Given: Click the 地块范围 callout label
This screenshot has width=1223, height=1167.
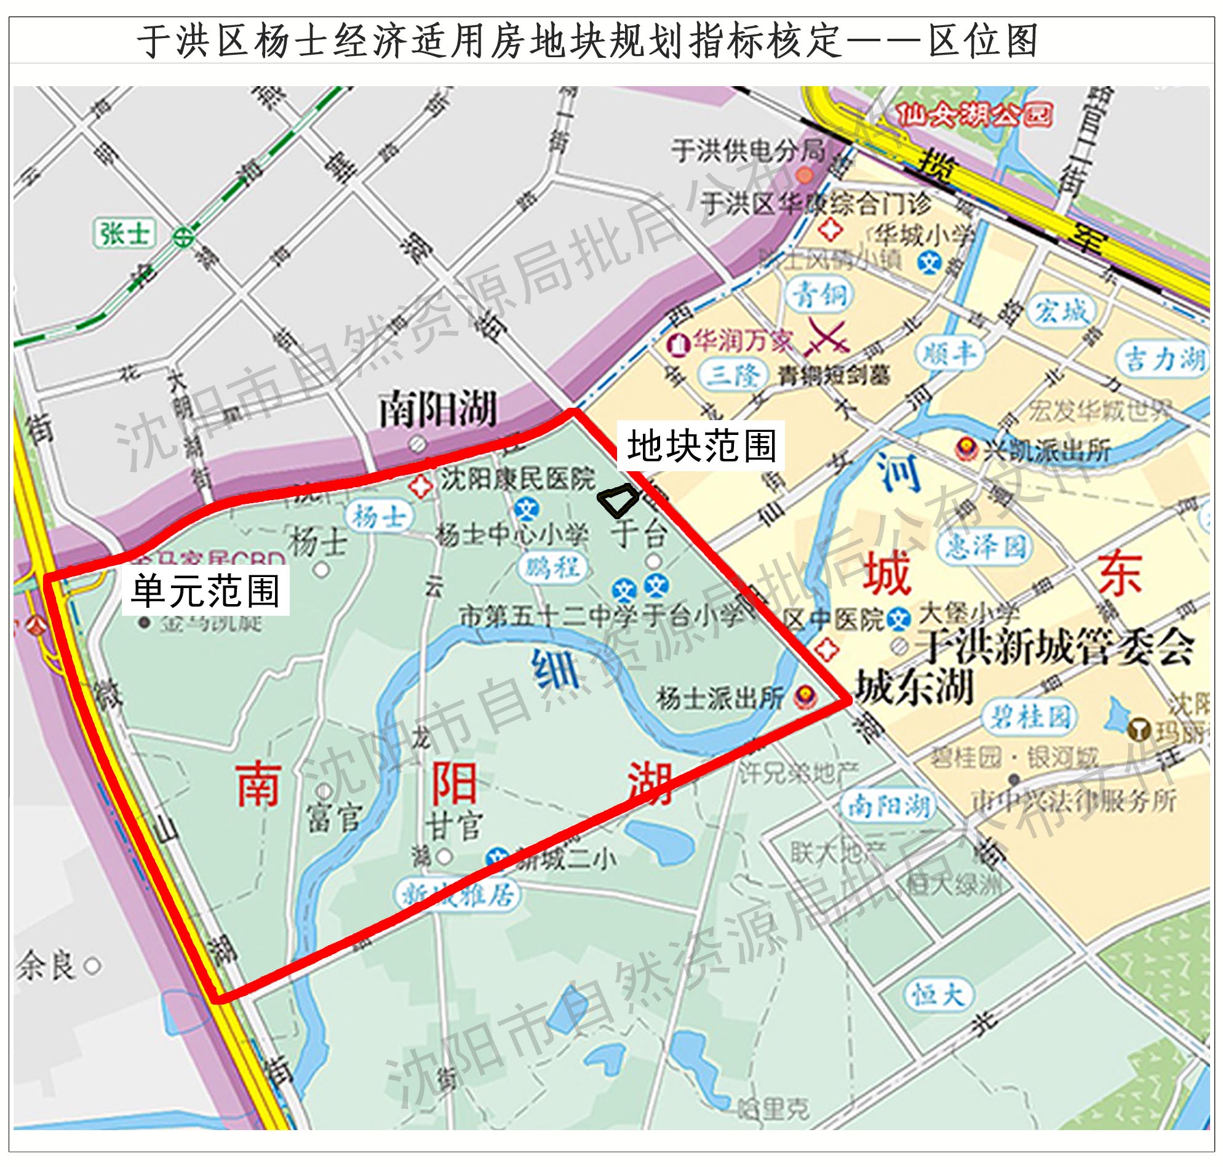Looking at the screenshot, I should click(x=701, y=447).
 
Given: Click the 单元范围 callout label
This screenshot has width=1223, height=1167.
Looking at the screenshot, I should click(x=205, y=591).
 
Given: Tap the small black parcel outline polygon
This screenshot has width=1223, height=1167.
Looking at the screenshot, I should click(x=618, y=500).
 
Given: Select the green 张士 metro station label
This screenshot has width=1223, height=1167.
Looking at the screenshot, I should click(x=124, y=234).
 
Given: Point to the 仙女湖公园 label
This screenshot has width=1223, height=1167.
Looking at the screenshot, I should click(x=974, y=116).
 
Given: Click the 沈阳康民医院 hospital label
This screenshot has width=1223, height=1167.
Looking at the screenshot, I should click(x=517, y=480).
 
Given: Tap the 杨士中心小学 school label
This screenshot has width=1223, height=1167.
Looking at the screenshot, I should click(x=511, y=536).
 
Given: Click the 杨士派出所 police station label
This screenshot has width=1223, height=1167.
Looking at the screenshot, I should click(x=720, y=699).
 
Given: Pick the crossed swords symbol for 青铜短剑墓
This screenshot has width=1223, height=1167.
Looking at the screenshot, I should click(x=828, y=338).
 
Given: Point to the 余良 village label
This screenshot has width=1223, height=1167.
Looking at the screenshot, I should click(x=47, y=966).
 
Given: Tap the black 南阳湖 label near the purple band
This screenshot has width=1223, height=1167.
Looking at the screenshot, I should click(x=438, y=410).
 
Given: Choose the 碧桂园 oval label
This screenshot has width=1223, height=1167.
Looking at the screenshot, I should click(x=1030, y=717).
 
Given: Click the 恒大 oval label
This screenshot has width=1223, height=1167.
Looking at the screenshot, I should click(x=937, y=995).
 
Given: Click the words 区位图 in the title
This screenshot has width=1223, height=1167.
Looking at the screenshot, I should click(x=983, y=41).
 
